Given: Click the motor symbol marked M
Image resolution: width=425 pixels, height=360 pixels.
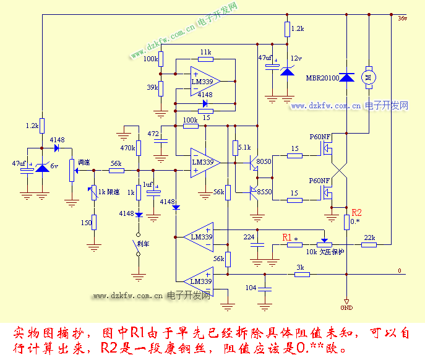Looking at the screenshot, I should coord(369,77).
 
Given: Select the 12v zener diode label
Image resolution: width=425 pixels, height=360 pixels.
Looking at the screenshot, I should coord(297,59).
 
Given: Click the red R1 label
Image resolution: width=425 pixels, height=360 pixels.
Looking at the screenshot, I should coord(288,237).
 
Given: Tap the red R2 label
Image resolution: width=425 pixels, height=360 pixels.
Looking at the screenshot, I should coord(356,212).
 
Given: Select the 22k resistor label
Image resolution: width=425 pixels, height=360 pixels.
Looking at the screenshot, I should coord(369,238).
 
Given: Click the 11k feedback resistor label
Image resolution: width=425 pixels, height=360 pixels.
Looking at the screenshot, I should coord(205,52).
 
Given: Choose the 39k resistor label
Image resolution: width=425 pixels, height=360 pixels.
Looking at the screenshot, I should coord(152,88).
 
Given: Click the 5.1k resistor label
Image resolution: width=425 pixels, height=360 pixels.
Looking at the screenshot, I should coord(244,147).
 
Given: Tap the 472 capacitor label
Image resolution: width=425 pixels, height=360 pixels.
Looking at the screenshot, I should coord(153,134).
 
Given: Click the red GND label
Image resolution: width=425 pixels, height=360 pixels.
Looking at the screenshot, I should coord(346,307).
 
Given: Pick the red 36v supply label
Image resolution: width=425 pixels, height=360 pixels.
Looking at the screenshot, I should coord(403,19).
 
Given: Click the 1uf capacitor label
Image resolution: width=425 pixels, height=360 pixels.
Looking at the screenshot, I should coord(147,185).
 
